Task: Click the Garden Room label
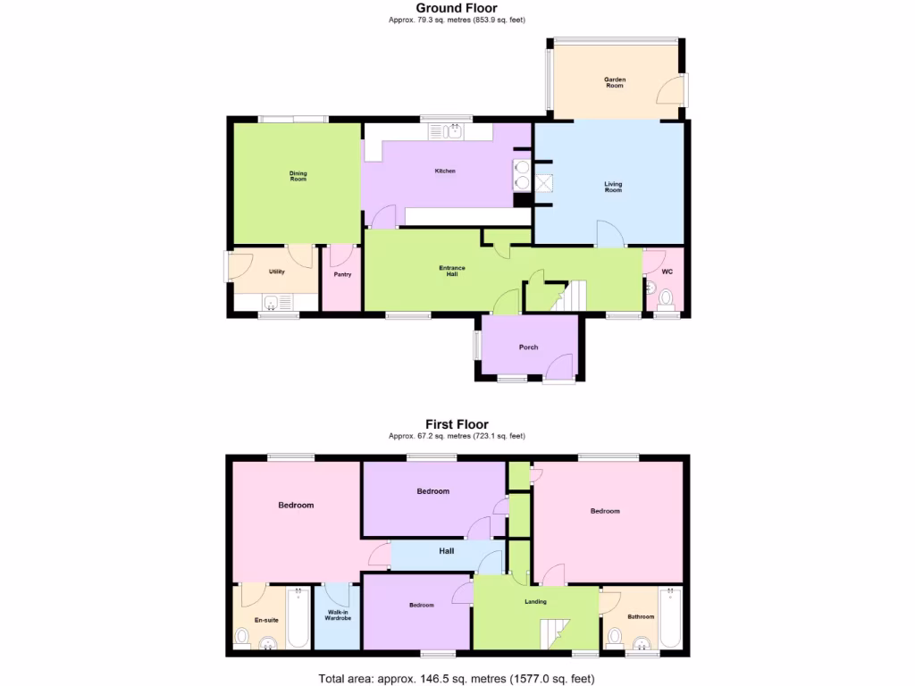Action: (614, 83)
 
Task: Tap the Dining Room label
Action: (298, 177)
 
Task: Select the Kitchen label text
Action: (445, 171)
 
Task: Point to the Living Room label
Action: (613, 188)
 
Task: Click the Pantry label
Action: (342, 274)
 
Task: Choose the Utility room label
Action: (276, 272)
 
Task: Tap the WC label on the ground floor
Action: (667, 272)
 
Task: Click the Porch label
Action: (528, 347)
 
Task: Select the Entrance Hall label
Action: (451, 272)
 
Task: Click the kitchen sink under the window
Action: (446, 132)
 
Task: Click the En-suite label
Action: (266, 619)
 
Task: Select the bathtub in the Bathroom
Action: (669, 617)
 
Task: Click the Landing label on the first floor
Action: (535, 601)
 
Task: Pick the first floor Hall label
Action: (446, 551)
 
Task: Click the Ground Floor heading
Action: (457, 8)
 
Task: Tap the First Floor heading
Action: (457, 424)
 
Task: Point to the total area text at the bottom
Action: (457, 679)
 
